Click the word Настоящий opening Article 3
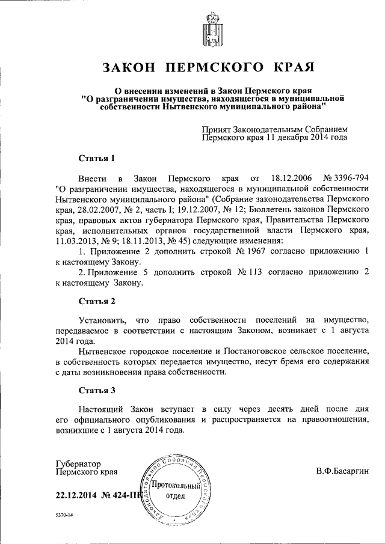pos(101,410)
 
